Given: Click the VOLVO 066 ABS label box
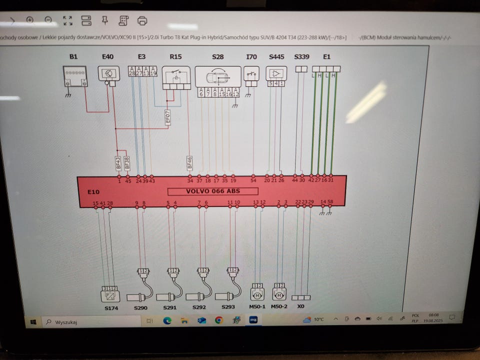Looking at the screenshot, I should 212,191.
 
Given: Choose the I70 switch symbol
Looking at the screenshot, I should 251,74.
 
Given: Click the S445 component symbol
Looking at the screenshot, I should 276,73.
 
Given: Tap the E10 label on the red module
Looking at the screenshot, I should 93,192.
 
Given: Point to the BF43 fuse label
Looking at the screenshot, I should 118,162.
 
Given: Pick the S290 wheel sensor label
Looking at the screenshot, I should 140,308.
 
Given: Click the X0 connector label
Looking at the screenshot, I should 300,306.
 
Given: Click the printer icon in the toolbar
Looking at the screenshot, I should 142,21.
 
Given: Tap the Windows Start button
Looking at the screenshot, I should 33,321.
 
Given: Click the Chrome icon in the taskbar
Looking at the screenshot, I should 218,320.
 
